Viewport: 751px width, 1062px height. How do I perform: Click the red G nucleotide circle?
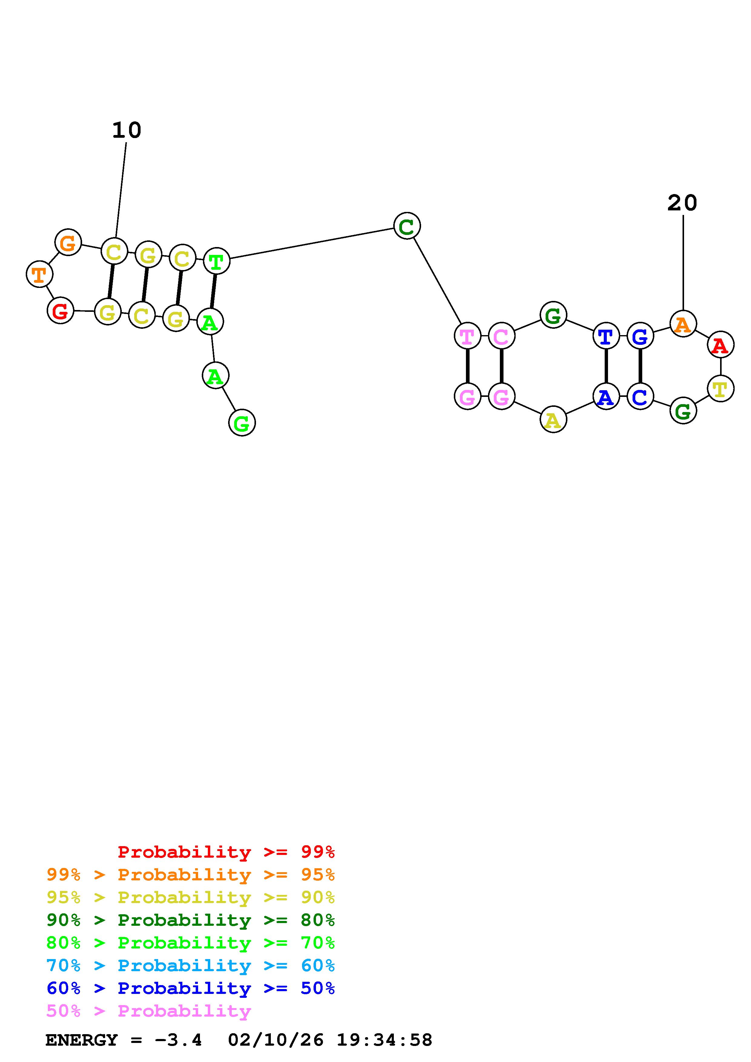click(x=60, y=311)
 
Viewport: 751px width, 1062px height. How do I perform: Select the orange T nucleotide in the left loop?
click(x=39, y=274)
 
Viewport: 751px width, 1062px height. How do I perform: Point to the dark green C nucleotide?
click(x=407, y=226)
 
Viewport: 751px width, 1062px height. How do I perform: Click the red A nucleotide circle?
click(x=720, y=345)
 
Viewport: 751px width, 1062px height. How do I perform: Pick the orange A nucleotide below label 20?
click(x=683, y=324)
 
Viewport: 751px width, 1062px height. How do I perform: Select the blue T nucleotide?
click(x=606, y=336)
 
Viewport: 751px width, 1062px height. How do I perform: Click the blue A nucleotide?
click(x=606, y=396)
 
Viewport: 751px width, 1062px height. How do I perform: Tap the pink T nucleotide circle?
click(x=467, y=336)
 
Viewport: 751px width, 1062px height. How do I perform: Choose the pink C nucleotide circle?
click(x=501, y=336)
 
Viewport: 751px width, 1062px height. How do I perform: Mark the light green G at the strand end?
click(x=241, y=423)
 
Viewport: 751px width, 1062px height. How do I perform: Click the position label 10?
click(x=126, y=130)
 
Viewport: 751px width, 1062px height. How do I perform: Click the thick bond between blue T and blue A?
click(x=606, y=366)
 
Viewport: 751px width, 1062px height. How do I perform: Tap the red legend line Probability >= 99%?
click(x=226, y=852)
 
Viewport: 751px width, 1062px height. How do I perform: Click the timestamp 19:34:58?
click(x=384, y=1040)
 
